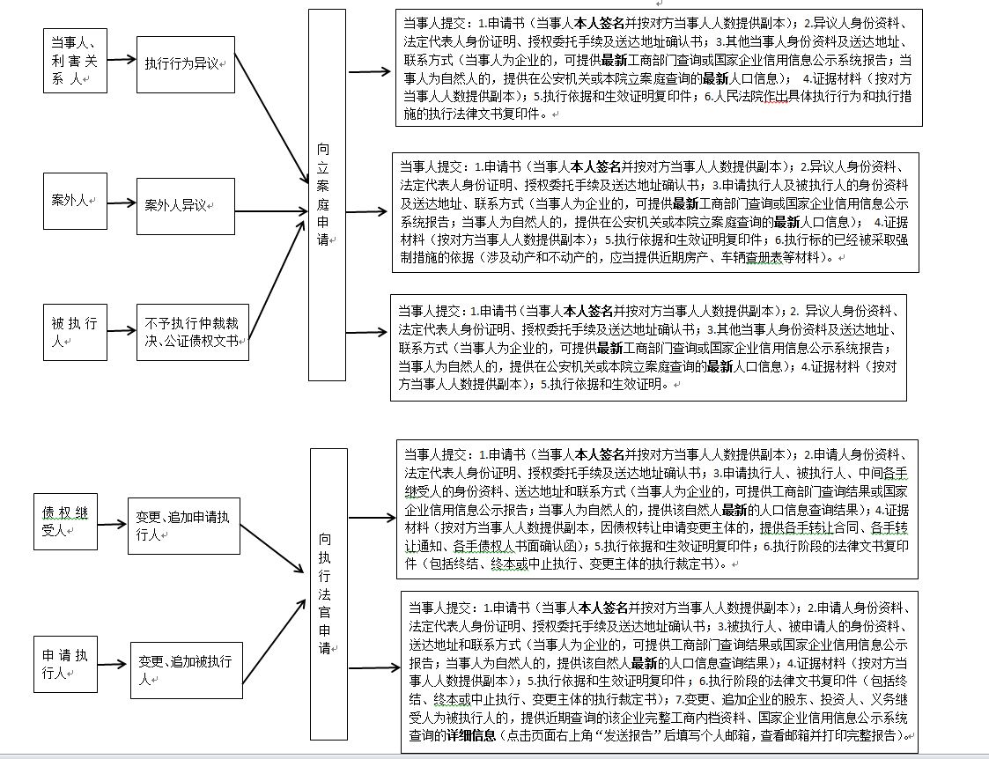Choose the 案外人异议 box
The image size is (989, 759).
click(x=186, y=205)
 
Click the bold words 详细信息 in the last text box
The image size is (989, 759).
click(x=476, y=735)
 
